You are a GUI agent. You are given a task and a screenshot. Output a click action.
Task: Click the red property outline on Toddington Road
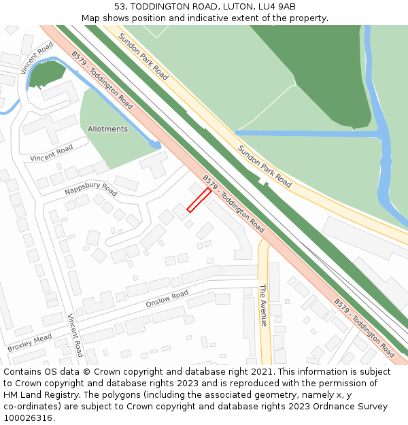tap(199, 200)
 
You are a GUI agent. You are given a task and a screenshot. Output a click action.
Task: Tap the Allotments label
tap(107, 129)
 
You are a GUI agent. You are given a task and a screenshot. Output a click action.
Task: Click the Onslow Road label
tap(167, 299)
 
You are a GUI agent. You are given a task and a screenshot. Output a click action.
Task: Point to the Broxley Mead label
tap(30, 343)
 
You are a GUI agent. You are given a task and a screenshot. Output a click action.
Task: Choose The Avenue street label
tap(263, 305)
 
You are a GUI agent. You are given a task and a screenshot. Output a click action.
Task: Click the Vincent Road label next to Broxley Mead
tap(75, 335)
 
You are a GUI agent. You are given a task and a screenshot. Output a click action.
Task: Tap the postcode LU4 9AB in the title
tap(278, 7)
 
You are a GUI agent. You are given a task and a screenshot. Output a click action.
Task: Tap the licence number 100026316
tap(29, 418)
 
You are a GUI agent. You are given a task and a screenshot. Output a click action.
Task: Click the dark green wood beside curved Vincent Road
tap(47, 73)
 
